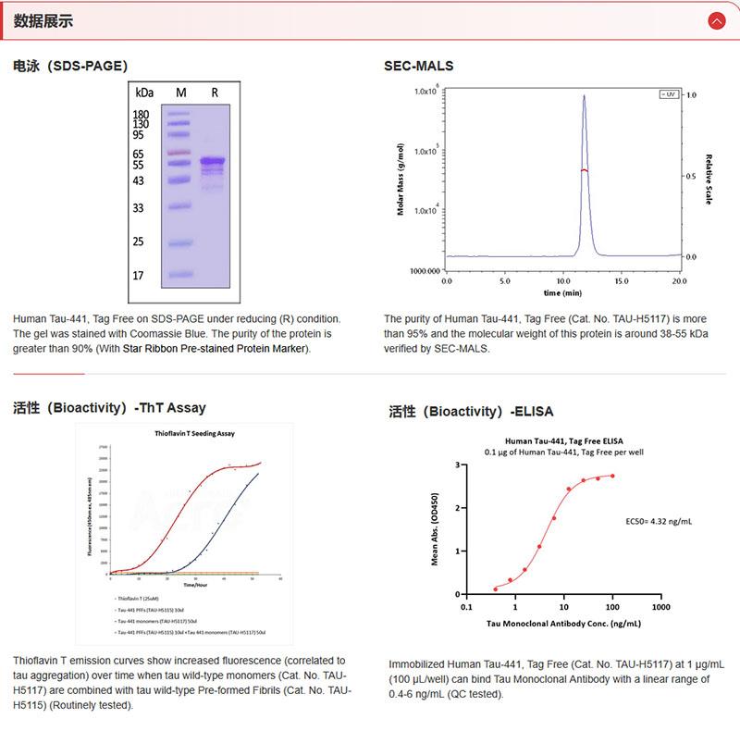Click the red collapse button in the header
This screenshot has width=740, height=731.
[716, 20]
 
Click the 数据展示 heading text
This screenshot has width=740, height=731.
[43, 20]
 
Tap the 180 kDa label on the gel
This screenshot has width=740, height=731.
[142, 115]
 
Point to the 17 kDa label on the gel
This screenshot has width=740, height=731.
[139, 275]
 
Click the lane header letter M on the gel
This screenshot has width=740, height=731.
[180, 93]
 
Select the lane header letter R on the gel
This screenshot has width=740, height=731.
[215, 93]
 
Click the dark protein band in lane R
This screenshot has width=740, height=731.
[213, 162]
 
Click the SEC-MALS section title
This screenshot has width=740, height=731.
[418, 66]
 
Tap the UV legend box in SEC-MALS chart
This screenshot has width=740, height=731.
[667, 94]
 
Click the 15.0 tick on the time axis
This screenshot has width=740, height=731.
[621, 279]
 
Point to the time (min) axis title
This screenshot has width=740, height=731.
[562, 292]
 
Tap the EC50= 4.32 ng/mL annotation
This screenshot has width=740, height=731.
[659, 521]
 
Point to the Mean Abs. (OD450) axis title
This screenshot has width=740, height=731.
[435, 529]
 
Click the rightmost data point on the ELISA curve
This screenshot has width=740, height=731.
[612, 476]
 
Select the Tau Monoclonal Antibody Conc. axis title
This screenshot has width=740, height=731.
[563, 624]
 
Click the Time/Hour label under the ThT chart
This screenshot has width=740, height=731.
[194, 585]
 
